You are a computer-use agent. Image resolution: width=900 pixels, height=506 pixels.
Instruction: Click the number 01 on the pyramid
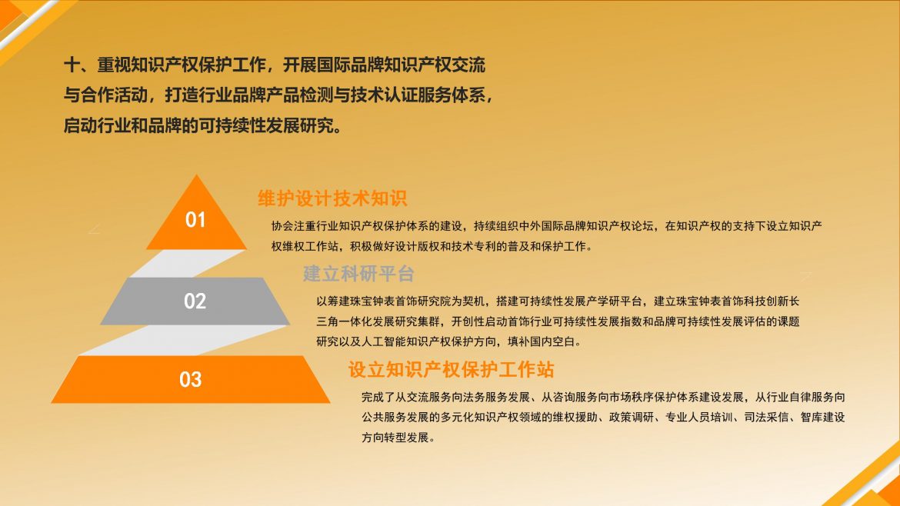pos(195,220)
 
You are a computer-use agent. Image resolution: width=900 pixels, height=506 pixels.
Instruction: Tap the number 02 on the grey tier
pos(195,301)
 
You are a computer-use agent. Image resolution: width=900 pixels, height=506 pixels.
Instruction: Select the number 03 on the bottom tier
pos(191,379)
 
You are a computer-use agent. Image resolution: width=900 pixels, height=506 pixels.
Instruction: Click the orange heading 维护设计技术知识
pos(332,198)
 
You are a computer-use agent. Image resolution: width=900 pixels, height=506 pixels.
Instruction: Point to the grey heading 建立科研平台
pos(358,274)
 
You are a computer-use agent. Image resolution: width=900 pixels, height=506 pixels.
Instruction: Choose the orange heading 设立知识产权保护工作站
pos(451,369)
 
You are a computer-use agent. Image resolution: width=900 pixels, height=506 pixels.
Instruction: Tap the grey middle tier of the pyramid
pos(195,301)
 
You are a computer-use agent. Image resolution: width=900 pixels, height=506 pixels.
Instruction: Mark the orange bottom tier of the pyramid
pos(191,379)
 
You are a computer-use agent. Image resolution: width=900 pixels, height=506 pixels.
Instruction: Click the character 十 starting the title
pos(72,65)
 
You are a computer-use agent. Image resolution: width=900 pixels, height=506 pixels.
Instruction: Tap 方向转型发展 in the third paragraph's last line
pos(395,438)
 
